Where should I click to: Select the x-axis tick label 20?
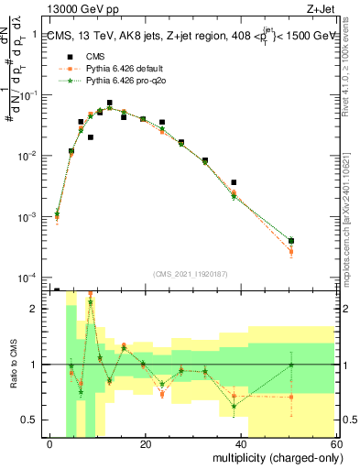(x=145, y=444)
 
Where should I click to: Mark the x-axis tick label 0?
(x=50, y=444)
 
